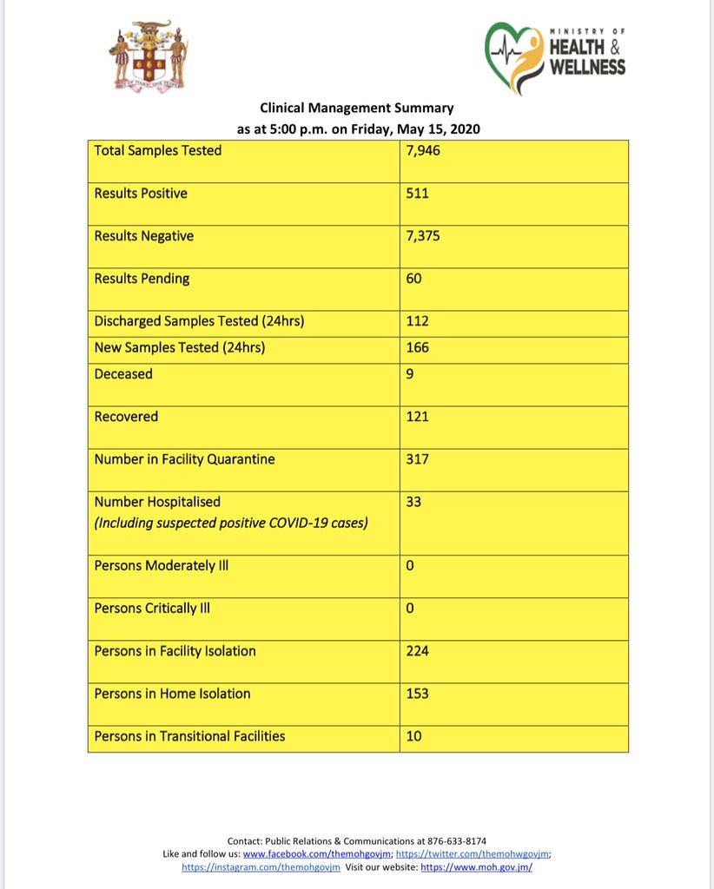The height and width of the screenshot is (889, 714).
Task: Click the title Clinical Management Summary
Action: [x=357, y=109]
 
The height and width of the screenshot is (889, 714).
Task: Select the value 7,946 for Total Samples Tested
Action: [x=424, y=151]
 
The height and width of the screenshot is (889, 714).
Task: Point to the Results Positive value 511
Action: [x=417, y=194]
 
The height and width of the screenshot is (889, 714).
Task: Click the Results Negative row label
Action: [x=143, y=236]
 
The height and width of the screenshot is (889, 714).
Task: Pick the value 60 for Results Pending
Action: [x=413, y=279]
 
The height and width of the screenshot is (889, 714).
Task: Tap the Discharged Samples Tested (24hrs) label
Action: [x=199, y=321]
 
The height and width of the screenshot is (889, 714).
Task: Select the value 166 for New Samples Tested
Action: [x=417, y=347]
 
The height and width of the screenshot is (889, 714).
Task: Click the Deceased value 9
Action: [x=410, y=374]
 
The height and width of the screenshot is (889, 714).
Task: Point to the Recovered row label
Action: [x=126, y=417]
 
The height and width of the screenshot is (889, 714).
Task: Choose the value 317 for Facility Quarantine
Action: [x=417, y=459]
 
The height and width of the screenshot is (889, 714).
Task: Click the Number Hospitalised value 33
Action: [x=413, y=502]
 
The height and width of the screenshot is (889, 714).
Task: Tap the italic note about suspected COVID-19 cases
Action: [x=231, y=523]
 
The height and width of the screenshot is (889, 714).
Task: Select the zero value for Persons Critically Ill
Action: [x=410, y=609]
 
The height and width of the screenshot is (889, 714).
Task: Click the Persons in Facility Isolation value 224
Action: [x=417, y=651]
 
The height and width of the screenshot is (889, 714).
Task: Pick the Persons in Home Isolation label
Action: [x=172, y=694]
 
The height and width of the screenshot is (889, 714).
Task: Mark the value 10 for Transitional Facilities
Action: [x=413, y=736]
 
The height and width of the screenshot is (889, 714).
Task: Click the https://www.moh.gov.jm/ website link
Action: [x=476, y=867]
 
